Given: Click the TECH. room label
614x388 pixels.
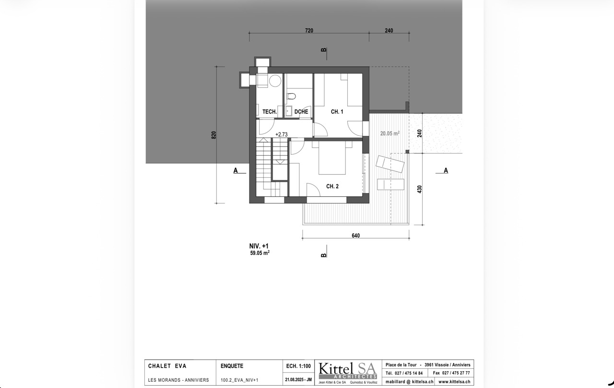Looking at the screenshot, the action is (x=270, y=112).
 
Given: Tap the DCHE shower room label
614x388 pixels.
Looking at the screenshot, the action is (x=301, y=112).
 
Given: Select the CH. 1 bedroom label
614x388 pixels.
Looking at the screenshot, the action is (x=337, y=112).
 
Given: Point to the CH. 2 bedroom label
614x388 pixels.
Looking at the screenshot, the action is (x=332, y=186).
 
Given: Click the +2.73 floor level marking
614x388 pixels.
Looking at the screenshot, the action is (x=282, y=134).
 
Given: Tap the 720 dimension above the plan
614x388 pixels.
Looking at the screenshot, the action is (x=309, y=30).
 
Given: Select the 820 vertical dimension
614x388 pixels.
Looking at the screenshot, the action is (x=214, y=135).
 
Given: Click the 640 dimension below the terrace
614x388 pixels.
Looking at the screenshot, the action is (x=355, y=235).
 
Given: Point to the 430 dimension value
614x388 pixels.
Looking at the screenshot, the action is (x=419, y=189).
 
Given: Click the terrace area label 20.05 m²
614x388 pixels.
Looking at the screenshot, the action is (x=390, y=133).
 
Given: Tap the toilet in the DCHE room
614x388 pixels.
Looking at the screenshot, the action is (x=291, y=97).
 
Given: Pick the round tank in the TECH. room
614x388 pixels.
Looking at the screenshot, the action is (x=275, y=81).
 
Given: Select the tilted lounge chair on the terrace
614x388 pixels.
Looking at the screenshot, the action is (x=390, y=164).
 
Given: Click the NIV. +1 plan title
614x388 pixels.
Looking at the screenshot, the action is (x=259, y=246).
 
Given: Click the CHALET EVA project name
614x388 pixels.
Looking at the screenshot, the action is (x=167, y=366).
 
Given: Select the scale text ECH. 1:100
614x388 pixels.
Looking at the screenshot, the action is (x=298, y=366).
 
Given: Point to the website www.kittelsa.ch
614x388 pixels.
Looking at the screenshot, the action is (x=454, y=382).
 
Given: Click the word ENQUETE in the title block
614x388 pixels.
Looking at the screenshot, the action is (x=232, y=366).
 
